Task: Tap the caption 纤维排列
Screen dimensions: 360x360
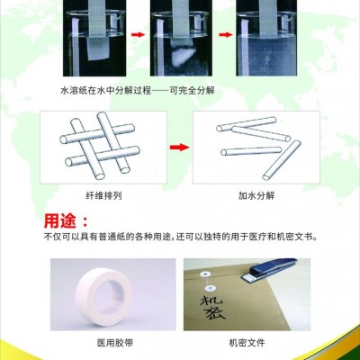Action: click(x=103, y=196)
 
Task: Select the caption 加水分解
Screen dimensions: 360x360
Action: click(x=256, y=196)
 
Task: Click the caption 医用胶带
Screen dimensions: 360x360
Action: click(x=115, y=343)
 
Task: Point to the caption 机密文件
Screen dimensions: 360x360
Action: click(x=247, y=343)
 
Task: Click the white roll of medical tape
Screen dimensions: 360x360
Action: click(x=103, y=296)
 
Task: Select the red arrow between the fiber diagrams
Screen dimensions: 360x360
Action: click(x=180, y=148)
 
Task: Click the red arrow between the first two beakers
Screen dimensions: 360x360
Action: click(x=138, y=35)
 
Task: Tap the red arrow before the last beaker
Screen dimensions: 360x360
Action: click(x=226, y=35)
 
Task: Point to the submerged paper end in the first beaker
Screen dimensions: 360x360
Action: click(x=98, y=49)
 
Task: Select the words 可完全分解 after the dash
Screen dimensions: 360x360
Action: click(x=193, y=90)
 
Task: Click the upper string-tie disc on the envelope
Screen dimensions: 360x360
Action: click(x=205, y=274)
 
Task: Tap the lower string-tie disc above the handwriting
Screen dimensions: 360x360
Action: click(x=210, y=289)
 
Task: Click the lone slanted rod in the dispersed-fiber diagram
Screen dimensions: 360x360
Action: click(x=282, y=160)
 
